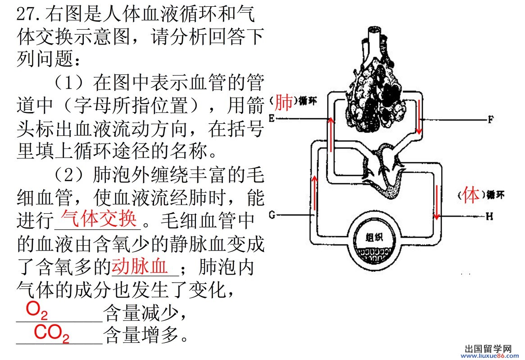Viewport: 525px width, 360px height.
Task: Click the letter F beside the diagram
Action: click(x=491, y=120)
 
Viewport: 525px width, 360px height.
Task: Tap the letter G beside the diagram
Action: click(x=272, y=215)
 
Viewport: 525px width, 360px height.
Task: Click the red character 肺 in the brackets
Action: click(x=283, y=103)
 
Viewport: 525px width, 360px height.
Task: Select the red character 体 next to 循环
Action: click(x=471, y=195)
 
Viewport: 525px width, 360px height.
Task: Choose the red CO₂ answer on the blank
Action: click(x=52, y=334)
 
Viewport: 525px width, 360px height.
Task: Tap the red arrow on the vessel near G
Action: click(x=314, y=191)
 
